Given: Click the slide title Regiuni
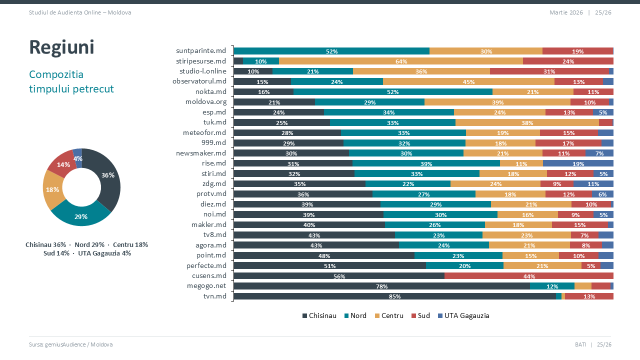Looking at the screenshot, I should pyautogui.click(x=61, y=47).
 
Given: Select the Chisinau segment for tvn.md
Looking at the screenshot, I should pyautogui.click(x=394, y=296).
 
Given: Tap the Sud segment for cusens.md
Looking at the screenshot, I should pyautogui.click(x=528, y=275).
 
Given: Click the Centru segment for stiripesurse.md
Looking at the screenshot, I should pyautogui.click(x=400, y=61).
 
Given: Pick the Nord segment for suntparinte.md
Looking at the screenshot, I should pyautogui.click(x=331, y=51).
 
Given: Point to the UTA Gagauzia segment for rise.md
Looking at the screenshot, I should pyautogui.click(x=578, y=163).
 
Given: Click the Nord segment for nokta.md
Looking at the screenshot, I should pyautogui.click(x=392, y=91).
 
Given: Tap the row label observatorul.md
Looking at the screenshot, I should pyautogui.click(x=199, y=81).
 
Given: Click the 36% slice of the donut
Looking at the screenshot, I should pyautogui.click(x=108, y=176).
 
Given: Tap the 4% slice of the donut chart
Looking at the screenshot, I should pyautogui.click(x=77, y=157).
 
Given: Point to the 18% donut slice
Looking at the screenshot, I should pyautogui.click(x=52, y=190).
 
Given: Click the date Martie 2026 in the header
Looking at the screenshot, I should pyautogui.click(x=566, y=12).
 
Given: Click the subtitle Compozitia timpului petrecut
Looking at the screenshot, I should pyautogui.click(x=71, y=81).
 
